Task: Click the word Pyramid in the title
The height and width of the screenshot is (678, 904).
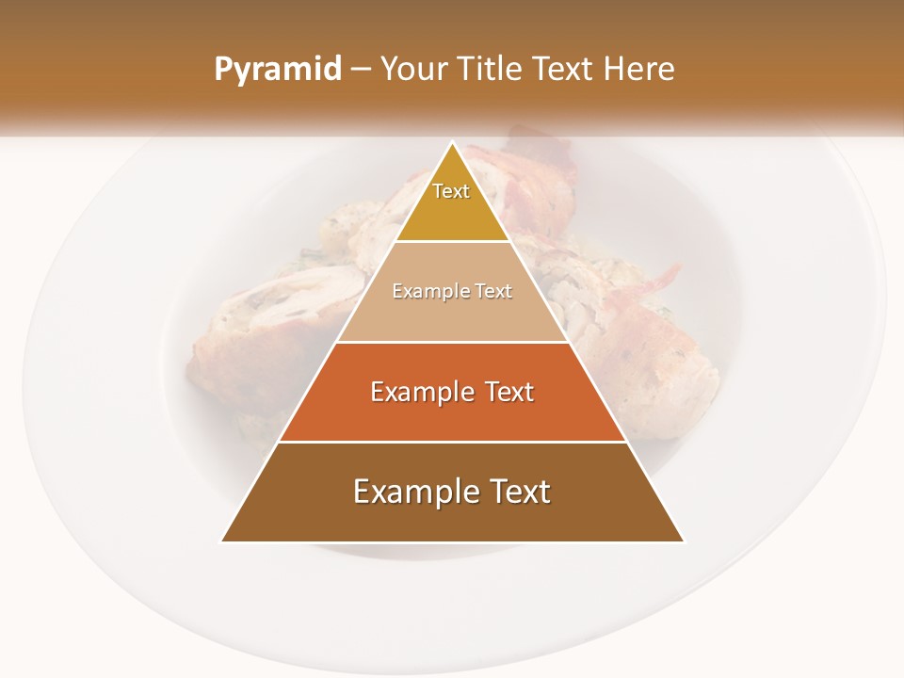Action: click(x=277, y=70)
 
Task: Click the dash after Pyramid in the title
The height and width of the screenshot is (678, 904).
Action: click(x=360, y=70)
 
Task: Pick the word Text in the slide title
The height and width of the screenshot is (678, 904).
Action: click(x=565, y=69)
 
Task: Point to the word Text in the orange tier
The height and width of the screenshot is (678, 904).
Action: click(x=509, y=392)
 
